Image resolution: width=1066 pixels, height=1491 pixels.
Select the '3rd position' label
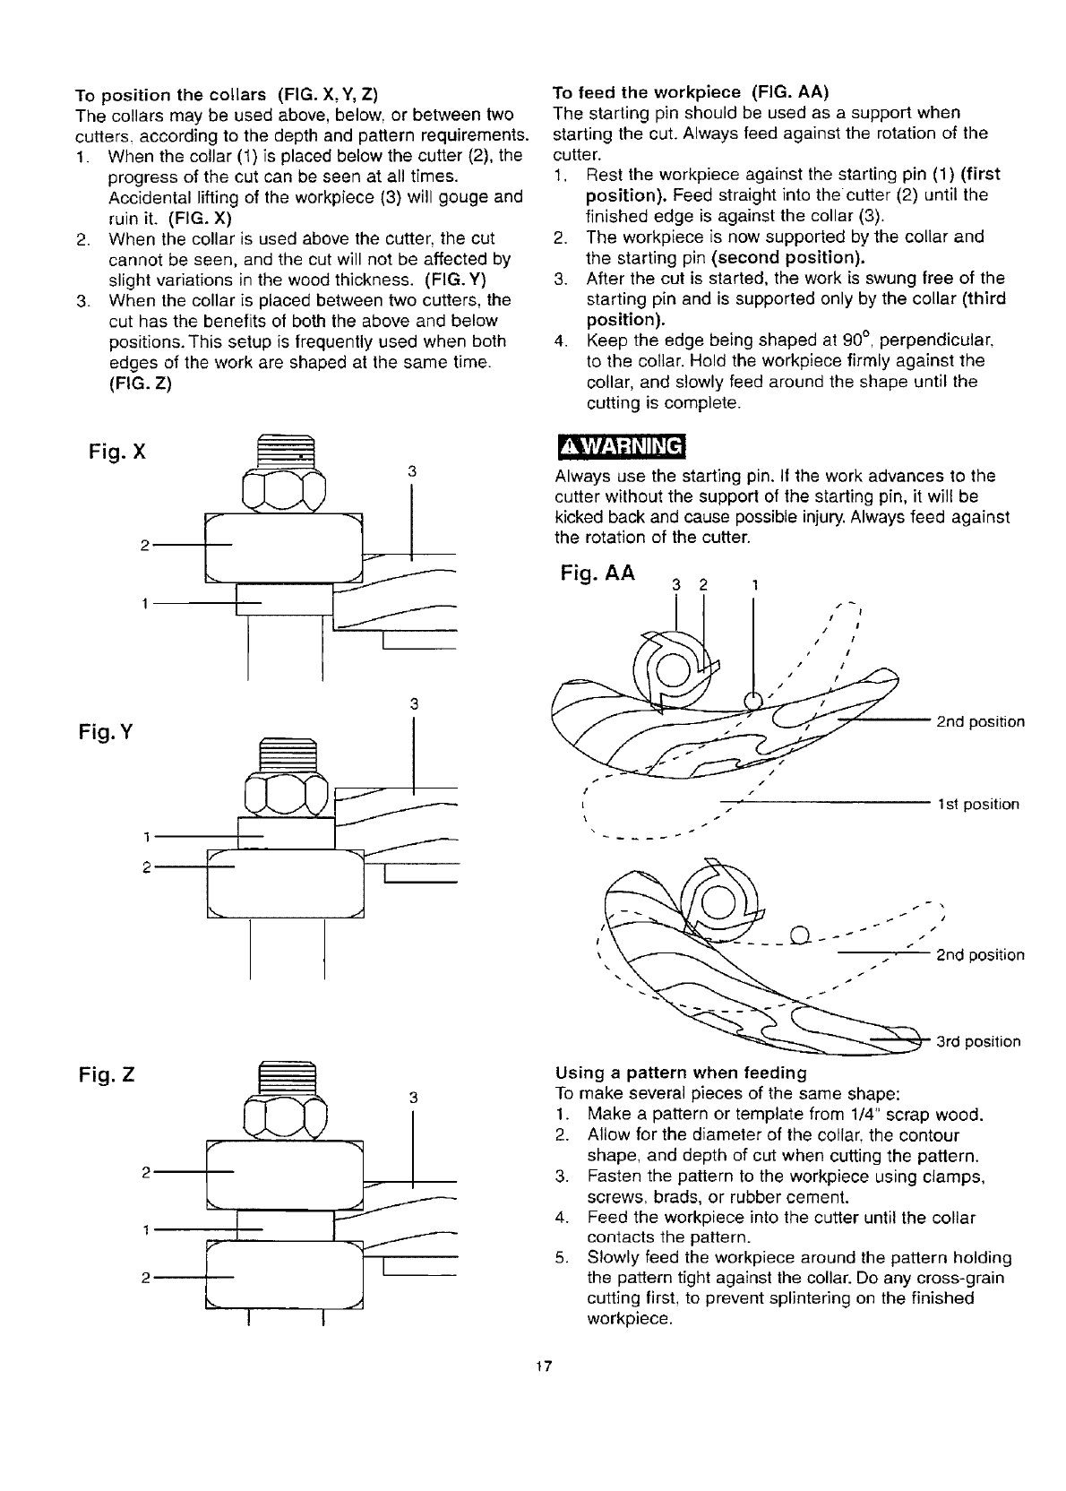(x=978, y=1041)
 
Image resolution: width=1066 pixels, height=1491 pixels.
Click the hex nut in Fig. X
(x=283, y=489)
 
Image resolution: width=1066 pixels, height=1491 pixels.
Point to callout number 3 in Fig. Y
(x=414, y=703)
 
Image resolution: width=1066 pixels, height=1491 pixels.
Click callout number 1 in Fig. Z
(x=145, y=1229)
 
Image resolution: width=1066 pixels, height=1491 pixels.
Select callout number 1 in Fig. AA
(x=754, y=586)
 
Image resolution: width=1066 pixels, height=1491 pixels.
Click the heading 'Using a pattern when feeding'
(x=681, y=1073)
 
